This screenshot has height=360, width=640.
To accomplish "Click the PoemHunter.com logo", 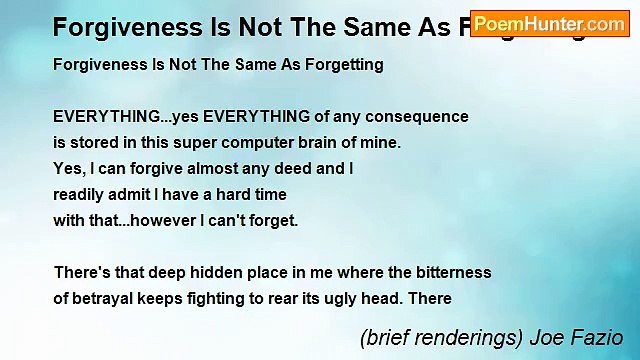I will pyautogui.click(x=550, y=23).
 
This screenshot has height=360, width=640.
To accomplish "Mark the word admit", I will pyautogui.click(x=152, y=194).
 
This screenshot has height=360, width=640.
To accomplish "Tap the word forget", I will pyautogui.click(x=271, y=220).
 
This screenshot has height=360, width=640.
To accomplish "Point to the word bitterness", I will pyautogui.click(x=449, y=272).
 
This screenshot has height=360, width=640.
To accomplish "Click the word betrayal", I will pyautogui.click(x=105, y=298).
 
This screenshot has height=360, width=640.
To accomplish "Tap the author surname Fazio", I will pyautogui.click(x=598, y=338).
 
